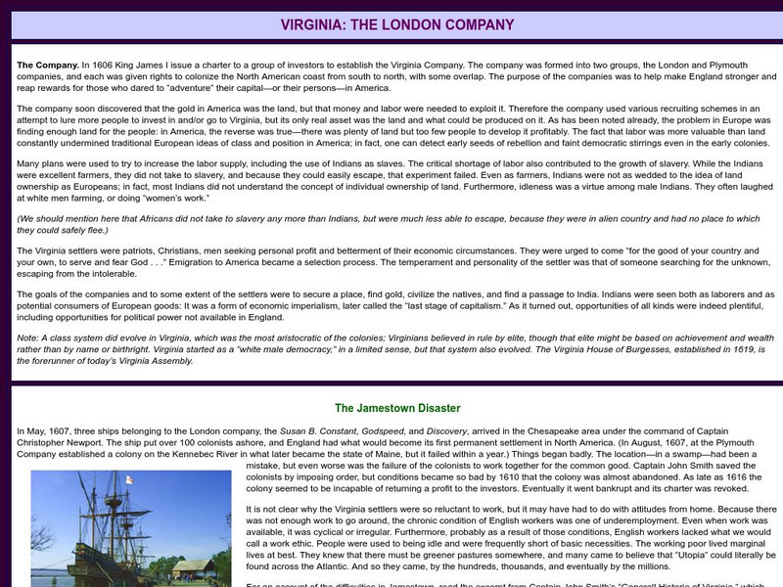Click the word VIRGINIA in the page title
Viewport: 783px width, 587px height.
click(x=309, y=23)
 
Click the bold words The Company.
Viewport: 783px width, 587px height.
click(x=48, y=65)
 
